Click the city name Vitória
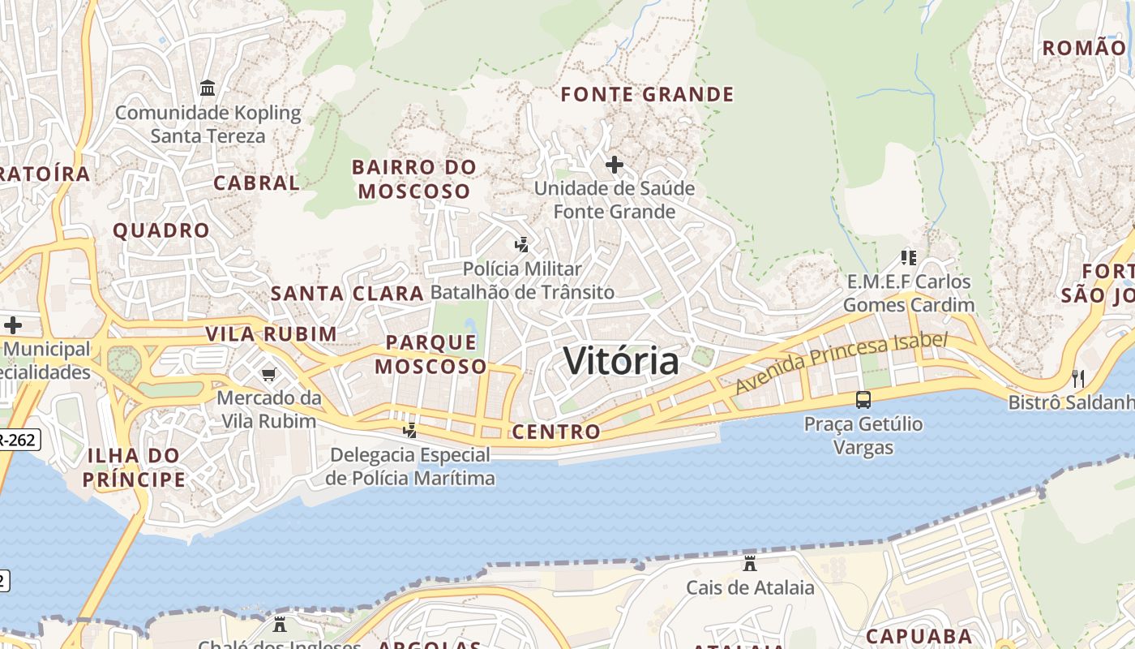point(621,360)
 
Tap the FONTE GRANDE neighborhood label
point(647,95)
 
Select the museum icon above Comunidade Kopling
point(208,88)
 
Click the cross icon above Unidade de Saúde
point(615,165)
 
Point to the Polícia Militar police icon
point(522,244)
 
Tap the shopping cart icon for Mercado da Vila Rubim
point(268,374)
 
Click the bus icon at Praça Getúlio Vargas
point(863,399)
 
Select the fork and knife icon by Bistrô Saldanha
point(1078,378)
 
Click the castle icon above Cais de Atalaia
point(750,563)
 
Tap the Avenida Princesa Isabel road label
point(841,363)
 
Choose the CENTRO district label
point(556,432)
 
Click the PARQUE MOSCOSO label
point(430,355)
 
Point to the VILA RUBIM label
point(271,334)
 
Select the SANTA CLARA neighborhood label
point(347,294)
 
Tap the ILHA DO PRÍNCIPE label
point(134,467)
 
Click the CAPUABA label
point(919,635)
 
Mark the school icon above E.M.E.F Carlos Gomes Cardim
point(909,258)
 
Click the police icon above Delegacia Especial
point(410,430)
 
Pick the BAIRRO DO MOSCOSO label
point(414,179)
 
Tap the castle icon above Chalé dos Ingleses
point(280,625)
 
